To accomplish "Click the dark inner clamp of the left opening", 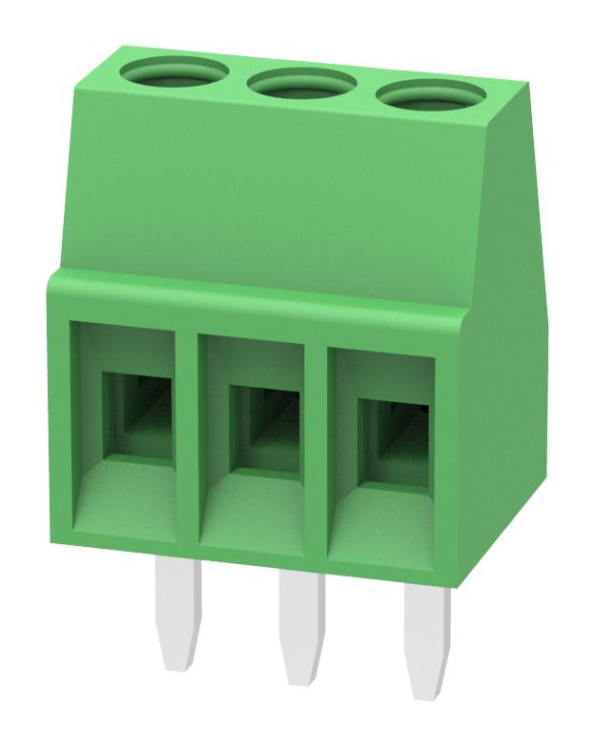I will point(138,415).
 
